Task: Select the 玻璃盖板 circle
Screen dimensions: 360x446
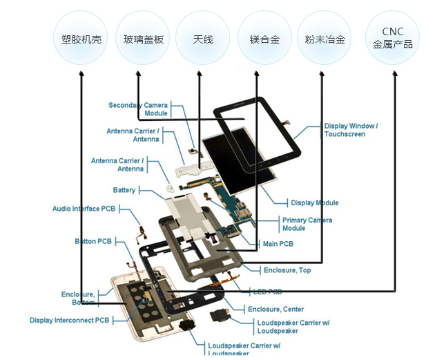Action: pyautogui.click(x=143, y=39)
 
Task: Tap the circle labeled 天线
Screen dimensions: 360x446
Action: pyautogui.click(x=203, y=39)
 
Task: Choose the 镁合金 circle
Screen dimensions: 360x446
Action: pyautogui.click(x=264, y=39)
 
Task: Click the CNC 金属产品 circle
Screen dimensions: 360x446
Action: pyautogui.click(x=392, y=39)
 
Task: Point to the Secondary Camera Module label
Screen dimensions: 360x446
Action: pyautogui.click(x=138, y=109)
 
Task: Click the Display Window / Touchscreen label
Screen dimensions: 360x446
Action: pyautogui.click(x=351, y=130)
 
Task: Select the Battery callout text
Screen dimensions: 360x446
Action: pyautogui.click(x=124, y=190)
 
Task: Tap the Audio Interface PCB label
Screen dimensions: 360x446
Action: pyautogui.click(x=84, y=209)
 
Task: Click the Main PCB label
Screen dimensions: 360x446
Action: pyautogui.click(x=278, y=244)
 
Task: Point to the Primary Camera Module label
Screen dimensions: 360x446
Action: pyautogui.click(x=307, y=224)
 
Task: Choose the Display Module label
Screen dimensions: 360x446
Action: pyautogui.click(x=315, y=203)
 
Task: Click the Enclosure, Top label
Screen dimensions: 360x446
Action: pyautogui.click(x=287, y=270)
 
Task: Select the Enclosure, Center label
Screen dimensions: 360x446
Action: pyautogui.click(x=275, y=310)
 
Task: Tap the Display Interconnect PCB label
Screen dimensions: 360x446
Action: pyautogui.click(x=69, y=321)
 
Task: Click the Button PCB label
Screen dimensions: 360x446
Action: pyautogui.click(x=93, y=242)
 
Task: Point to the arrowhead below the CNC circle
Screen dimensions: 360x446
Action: pyautogui.click(x=394, y=73)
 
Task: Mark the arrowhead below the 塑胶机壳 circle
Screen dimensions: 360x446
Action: pyautogui.click(x=81, y=73)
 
